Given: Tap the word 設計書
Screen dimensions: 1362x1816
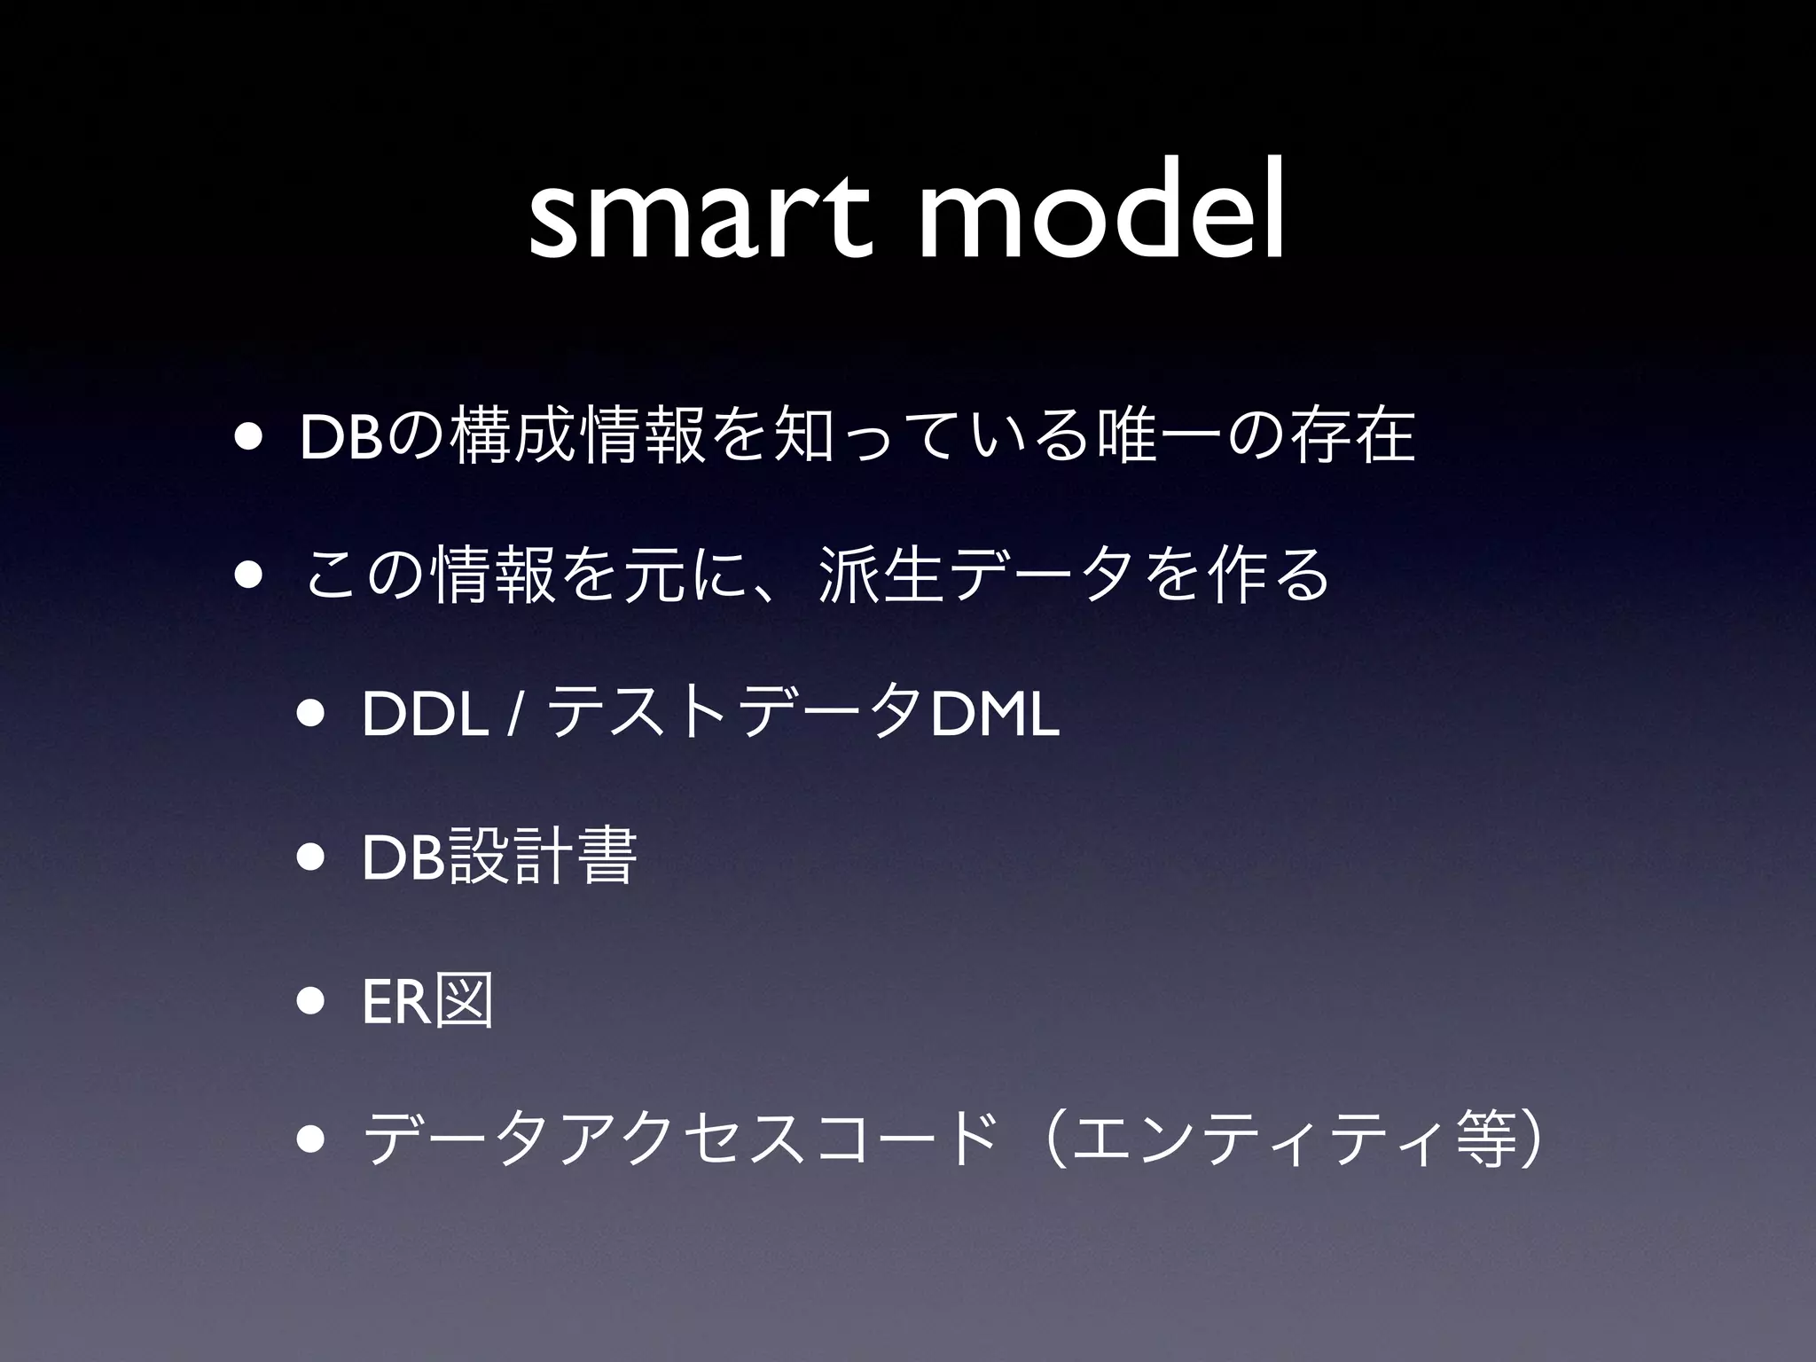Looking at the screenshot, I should [543, 857].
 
